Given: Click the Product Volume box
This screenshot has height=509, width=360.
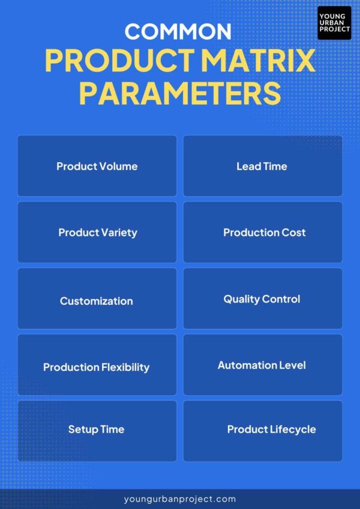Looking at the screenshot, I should tap(97, 166).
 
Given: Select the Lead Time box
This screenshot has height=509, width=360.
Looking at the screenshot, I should tap(262, 166).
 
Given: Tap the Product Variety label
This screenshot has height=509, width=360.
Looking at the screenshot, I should tap(97, 232).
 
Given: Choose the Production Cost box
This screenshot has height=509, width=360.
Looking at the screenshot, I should tap(262, 232).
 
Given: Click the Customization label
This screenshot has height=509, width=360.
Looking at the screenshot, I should tap(97, 301).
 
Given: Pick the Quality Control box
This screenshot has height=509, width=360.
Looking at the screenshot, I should tap(262, 298).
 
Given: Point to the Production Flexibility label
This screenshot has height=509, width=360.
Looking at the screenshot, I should tap(96, 367).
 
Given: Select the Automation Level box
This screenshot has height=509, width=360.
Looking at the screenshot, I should tap(262, 365).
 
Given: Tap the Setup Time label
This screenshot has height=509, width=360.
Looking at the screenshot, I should tap(96, 429).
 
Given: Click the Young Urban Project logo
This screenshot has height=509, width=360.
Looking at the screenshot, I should tap(334, 23).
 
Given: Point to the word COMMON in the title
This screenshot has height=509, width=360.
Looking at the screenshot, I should tap(178, 31).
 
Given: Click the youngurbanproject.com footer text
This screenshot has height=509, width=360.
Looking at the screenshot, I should tap(179, 499).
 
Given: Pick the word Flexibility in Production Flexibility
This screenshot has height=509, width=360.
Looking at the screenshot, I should tap(125, 367).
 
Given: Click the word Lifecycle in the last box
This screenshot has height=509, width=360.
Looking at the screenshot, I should tap(292, 429).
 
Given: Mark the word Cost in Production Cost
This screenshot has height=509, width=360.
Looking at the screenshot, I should tap(293, 232).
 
